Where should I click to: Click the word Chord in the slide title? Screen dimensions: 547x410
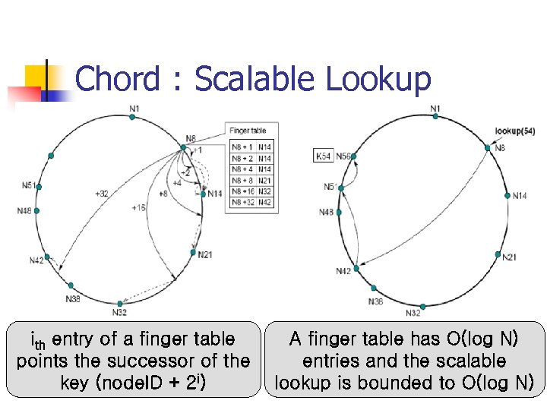click(x=119, y=79)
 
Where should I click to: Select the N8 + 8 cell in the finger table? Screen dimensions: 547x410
click(x=243, y=180)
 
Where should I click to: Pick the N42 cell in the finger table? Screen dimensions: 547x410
click(x=264, y=202)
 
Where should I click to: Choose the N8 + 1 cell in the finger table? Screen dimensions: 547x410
click(x=243, y=147)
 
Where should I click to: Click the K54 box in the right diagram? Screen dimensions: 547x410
click(x=323, y=156)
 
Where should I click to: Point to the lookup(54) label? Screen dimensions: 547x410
click(x=514, y=131)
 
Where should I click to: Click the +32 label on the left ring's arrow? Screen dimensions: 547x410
click(x=100, y=193)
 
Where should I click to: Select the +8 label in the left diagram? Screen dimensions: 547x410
click(x=163, y=194)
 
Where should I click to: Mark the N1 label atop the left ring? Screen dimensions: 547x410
click(x=134, y=109)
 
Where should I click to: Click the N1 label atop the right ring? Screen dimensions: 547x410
click(x=435, y=109)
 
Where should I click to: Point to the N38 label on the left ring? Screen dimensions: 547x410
click(x=73, y=299)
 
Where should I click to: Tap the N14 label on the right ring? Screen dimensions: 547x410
click(x=520, y=196)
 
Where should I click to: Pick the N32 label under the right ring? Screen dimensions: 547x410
click(x=413, y=314)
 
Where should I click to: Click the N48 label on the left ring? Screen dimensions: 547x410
click(x=25, y=210)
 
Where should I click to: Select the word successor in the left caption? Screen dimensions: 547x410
click(x=169, y=361)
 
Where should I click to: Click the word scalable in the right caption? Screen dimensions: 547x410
click(x=470, y=361)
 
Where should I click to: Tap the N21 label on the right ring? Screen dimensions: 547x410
click(x=510, y=257)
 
